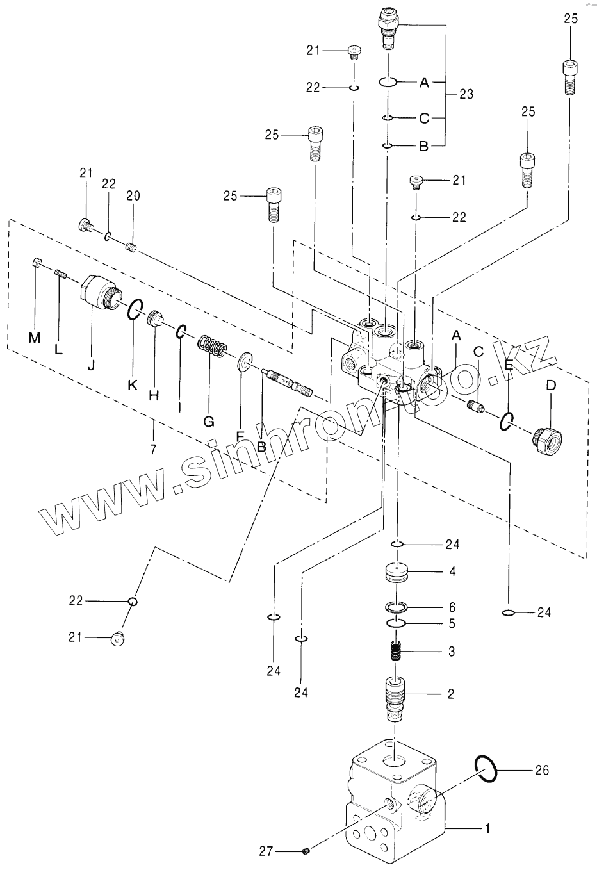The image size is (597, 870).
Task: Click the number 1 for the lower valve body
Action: [x=487, y=828]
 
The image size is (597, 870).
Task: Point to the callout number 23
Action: [x=466, y=94]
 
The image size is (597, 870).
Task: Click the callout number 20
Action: [x=133, y=196]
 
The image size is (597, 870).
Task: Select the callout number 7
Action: [x=153, y=449]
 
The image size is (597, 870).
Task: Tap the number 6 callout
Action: [x=452, y=607]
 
